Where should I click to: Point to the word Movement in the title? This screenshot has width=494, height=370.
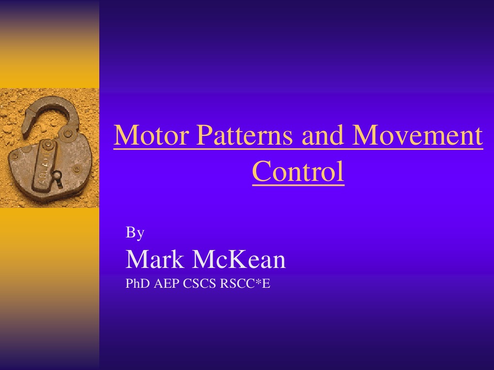pyautogui.click(x=417, y=135)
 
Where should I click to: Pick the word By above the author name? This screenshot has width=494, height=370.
pyautogui.click(x=135, y=233)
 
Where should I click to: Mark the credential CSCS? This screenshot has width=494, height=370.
pyautogui.click(x=201, y=284)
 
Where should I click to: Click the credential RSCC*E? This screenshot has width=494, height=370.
pyautogui.click(x=245, y=284)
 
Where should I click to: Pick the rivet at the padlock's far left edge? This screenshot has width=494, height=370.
pyautogui.click(x=15, y=156)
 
